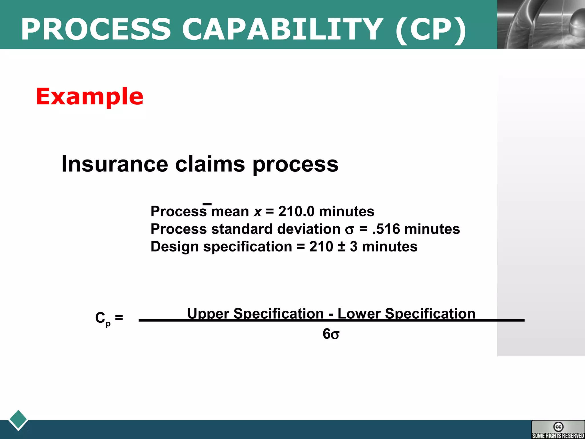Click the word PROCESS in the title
(x=96, y=29)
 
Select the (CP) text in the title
(x=431, y=30)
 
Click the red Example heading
(x=89, y=97)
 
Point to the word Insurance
(x=114, y=164)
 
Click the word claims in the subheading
(x=210, y=164)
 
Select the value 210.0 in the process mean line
(x=296, y=211)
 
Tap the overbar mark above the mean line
(x=207, y=204)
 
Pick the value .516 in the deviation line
(x=386, y=229)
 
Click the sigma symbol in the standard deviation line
(x=349, y=230)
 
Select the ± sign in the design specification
(x=342, y=247)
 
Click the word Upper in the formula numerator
(x=208, y=314)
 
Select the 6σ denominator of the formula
(x=331, y=334)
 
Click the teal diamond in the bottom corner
(x=18, y=420)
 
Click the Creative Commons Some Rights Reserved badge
(x=558, y=429)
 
